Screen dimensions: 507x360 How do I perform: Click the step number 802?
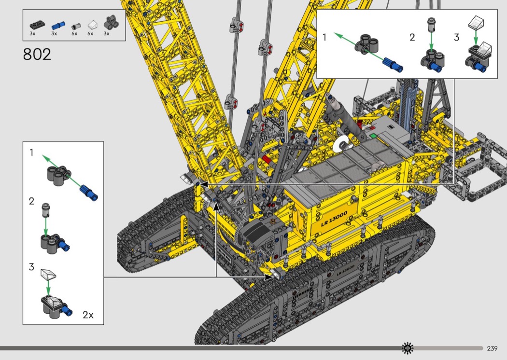[37, 55]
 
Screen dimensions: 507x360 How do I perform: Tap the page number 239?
[492, 348]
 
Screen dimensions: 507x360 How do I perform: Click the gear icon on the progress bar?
[408, 348]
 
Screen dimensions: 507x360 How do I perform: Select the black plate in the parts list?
[37, 25]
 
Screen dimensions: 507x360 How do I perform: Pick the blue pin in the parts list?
[58, 26]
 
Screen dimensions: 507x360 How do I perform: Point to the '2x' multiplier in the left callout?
[88, 315]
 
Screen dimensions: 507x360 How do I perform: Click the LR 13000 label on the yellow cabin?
[334, 219]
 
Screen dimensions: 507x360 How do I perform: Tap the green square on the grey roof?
[373, 136]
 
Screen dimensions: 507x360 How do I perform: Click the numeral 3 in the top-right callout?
[456, 37]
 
